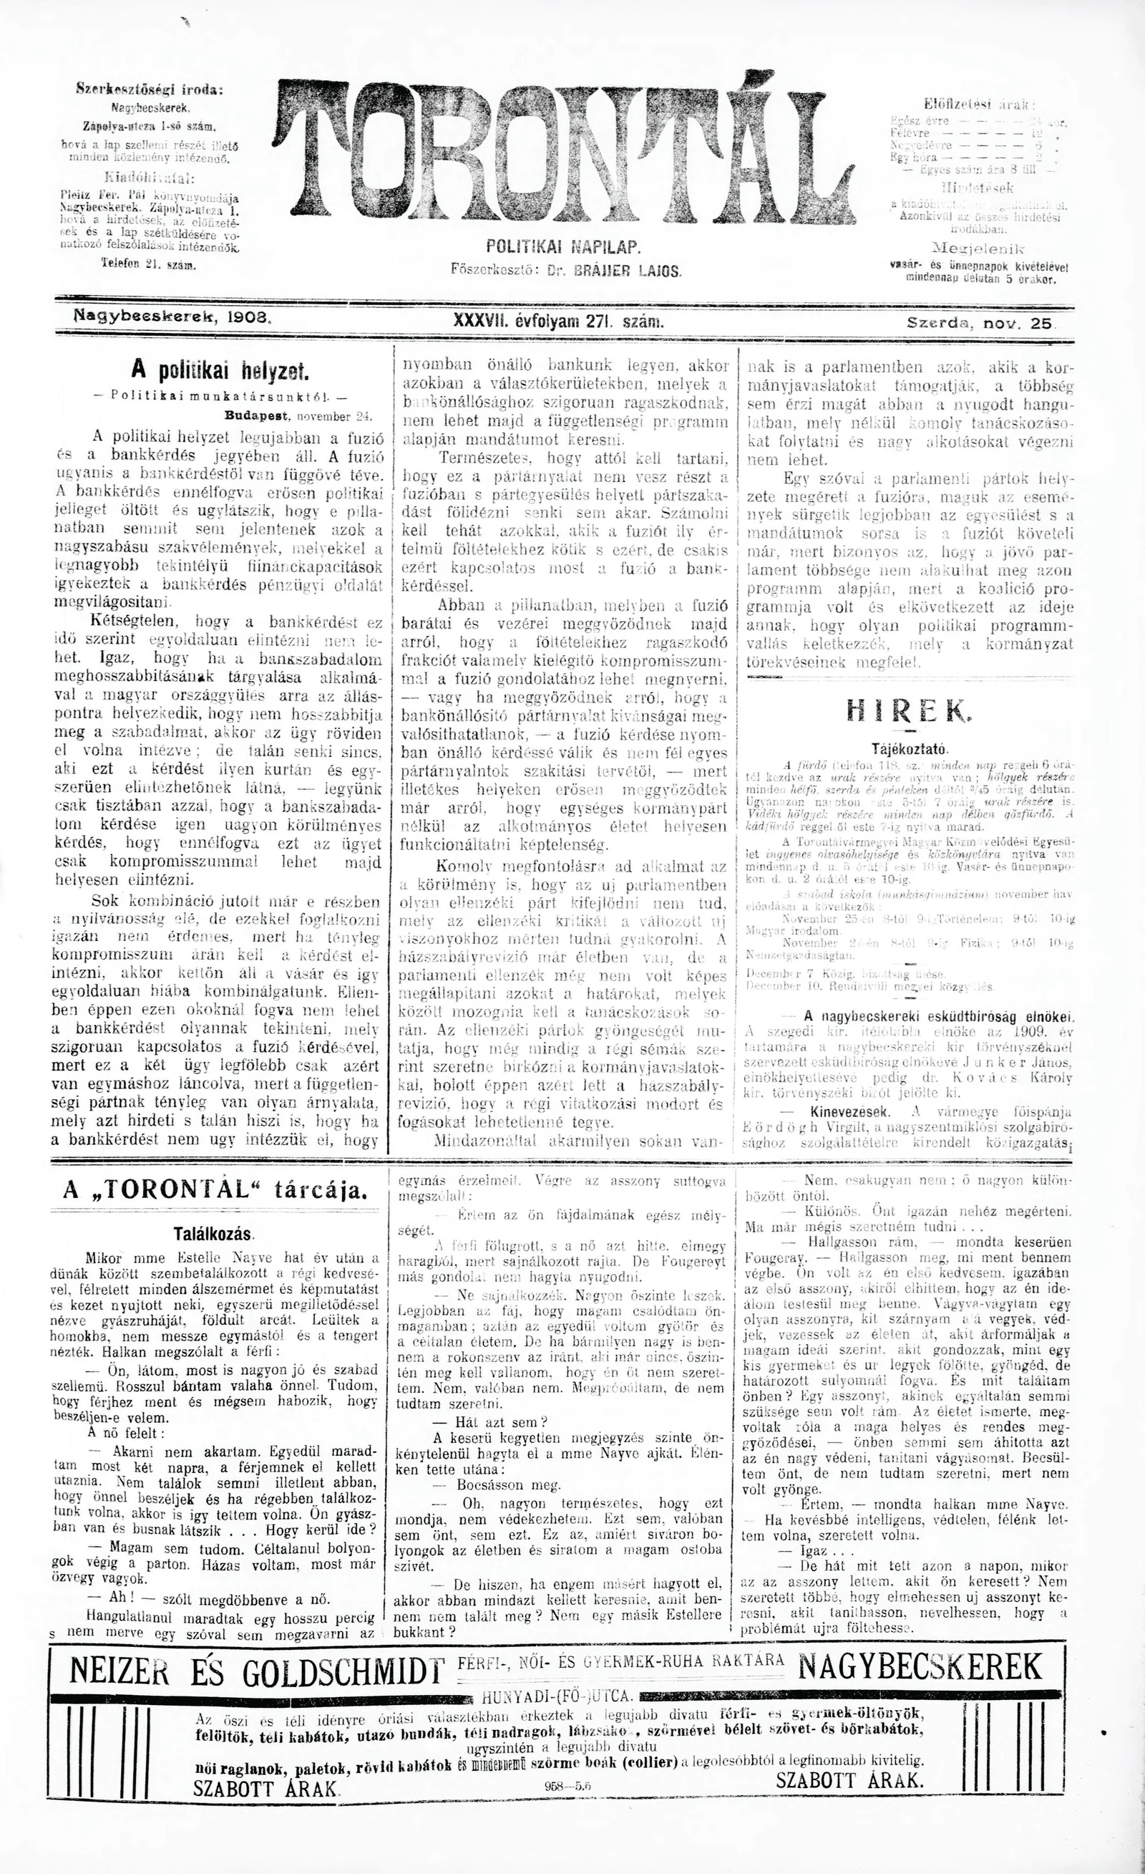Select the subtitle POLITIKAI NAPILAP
[x=562, y=248]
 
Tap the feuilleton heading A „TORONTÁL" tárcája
[x=216, y=1192]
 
